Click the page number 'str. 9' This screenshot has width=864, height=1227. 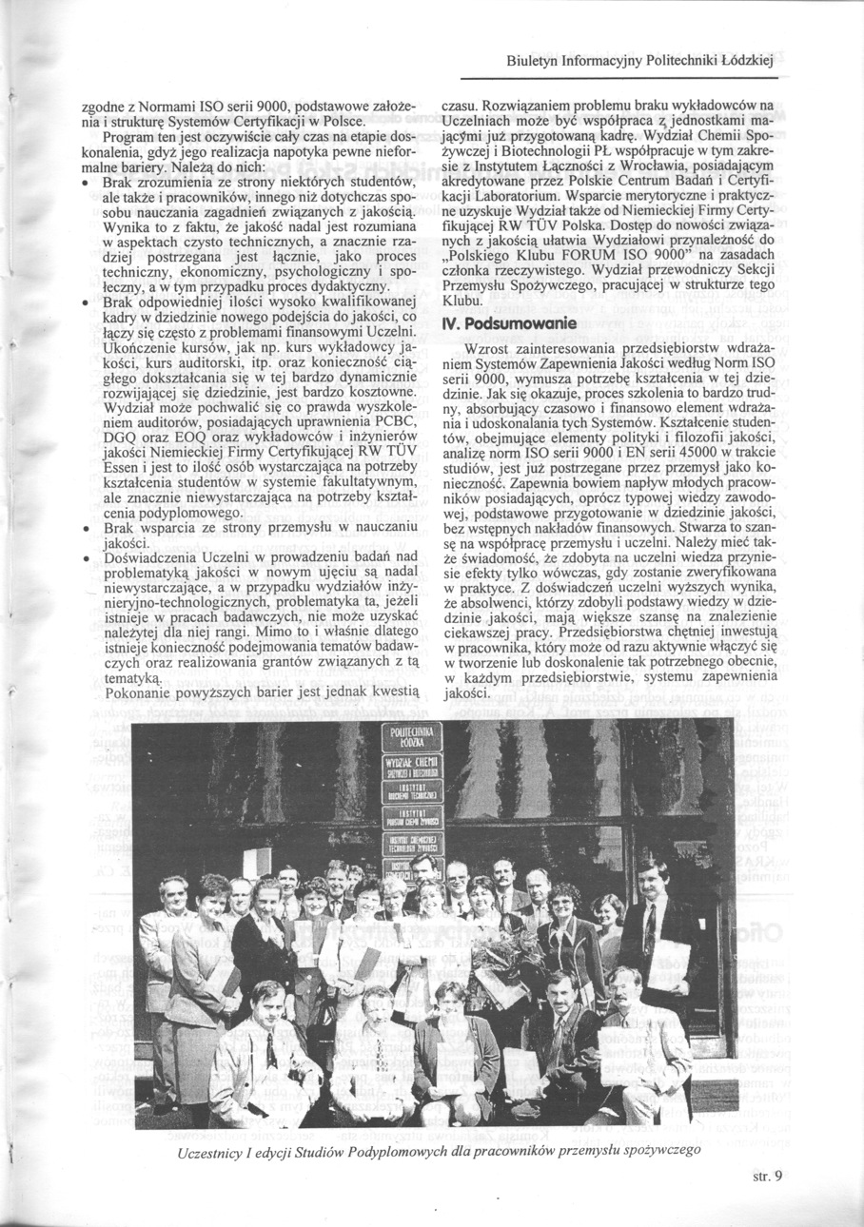[764, 1176]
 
